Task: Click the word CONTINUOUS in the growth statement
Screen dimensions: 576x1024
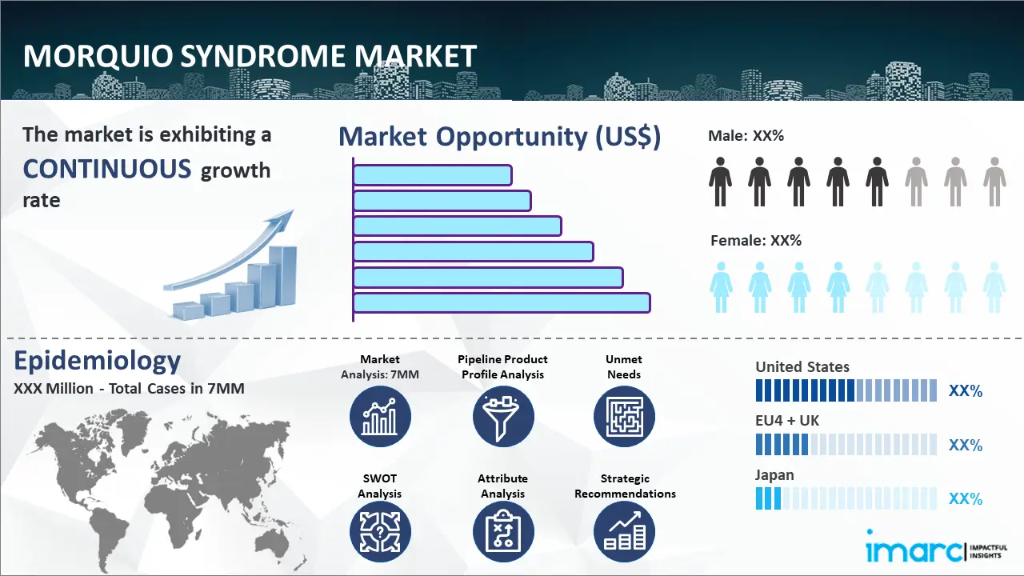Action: click(107, 169)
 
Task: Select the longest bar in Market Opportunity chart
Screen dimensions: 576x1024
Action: click(502, 302)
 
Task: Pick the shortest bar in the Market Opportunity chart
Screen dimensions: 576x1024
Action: click(432, 174)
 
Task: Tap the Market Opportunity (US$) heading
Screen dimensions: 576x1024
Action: click(499, 136)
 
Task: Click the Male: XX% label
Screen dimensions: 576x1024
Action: click(746, 136)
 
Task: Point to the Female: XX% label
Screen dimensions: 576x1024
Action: click(756, 240)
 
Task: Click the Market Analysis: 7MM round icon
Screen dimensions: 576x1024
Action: click(380, 416)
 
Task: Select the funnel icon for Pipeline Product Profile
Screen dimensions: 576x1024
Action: click(502, 416)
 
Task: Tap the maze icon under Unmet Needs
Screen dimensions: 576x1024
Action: click(624, 416)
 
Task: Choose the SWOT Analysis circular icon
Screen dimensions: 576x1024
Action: click(380, 531)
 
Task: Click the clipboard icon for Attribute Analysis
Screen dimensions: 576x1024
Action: click(502, 531)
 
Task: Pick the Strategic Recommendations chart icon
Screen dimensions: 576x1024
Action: click(624, 531)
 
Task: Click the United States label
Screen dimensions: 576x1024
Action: click(802, 367)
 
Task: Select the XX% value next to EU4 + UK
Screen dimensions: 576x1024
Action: click(965, 445)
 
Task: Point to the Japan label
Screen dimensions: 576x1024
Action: click(774, 474)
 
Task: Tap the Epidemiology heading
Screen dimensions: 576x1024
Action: click(98, 361)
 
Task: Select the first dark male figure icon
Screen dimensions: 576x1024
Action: click(720, 181)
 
